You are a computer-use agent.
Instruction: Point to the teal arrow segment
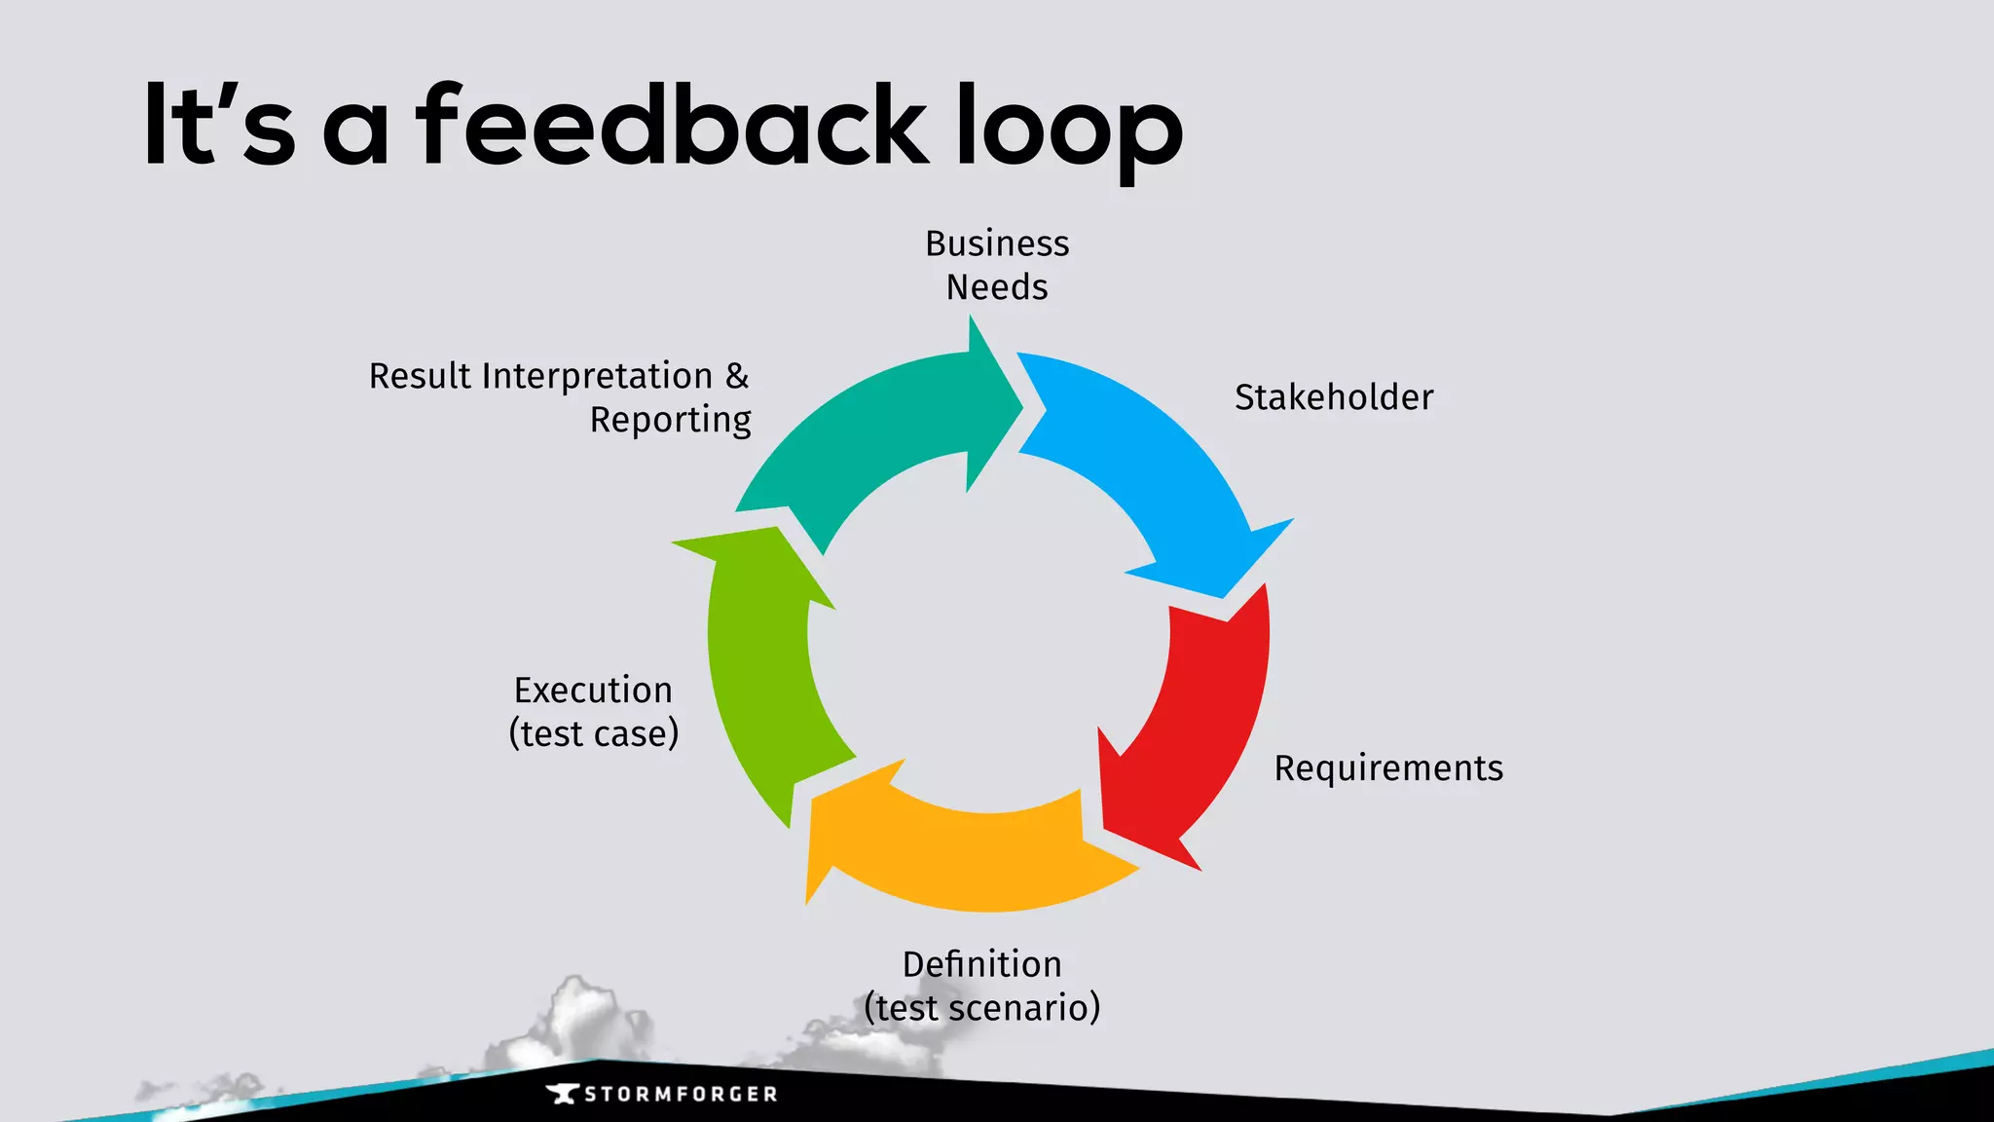(876, 429)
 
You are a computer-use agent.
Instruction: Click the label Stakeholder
(1334, 397)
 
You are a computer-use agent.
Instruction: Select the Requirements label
(1388, 768)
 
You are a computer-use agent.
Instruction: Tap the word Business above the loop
(997, 243)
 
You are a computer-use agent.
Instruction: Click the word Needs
(997, 287)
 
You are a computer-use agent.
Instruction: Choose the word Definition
(982, 964)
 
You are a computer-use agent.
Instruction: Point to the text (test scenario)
(982, 1008)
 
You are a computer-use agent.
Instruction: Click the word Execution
(593, 691)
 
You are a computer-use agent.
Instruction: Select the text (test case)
(593, 733)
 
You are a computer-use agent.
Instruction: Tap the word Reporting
(670, 420)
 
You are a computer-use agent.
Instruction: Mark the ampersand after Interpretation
(737, 376)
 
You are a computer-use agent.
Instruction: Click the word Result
(420, 376)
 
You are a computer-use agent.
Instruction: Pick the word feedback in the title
(672, 127)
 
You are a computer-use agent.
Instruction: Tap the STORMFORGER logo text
(681, 1095)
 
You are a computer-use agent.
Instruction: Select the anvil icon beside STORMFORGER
(562, 1094)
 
